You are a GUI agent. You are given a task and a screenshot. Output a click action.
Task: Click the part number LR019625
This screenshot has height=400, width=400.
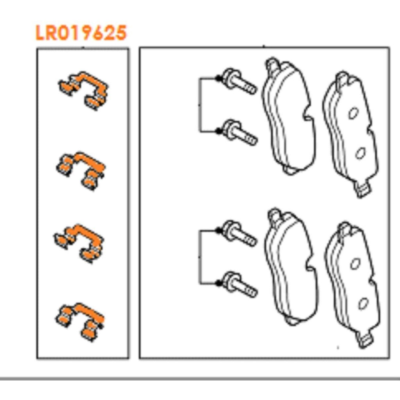point(81,33)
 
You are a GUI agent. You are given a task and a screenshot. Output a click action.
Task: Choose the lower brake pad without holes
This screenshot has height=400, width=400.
point(291,268)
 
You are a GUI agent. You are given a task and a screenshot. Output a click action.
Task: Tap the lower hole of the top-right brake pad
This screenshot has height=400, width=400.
point(360,154)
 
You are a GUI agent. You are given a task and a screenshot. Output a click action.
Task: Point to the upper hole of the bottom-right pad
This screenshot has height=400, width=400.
point(354,264)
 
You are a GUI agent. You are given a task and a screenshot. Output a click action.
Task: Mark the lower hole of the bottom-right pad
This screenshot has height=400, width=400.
point(363,302)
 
